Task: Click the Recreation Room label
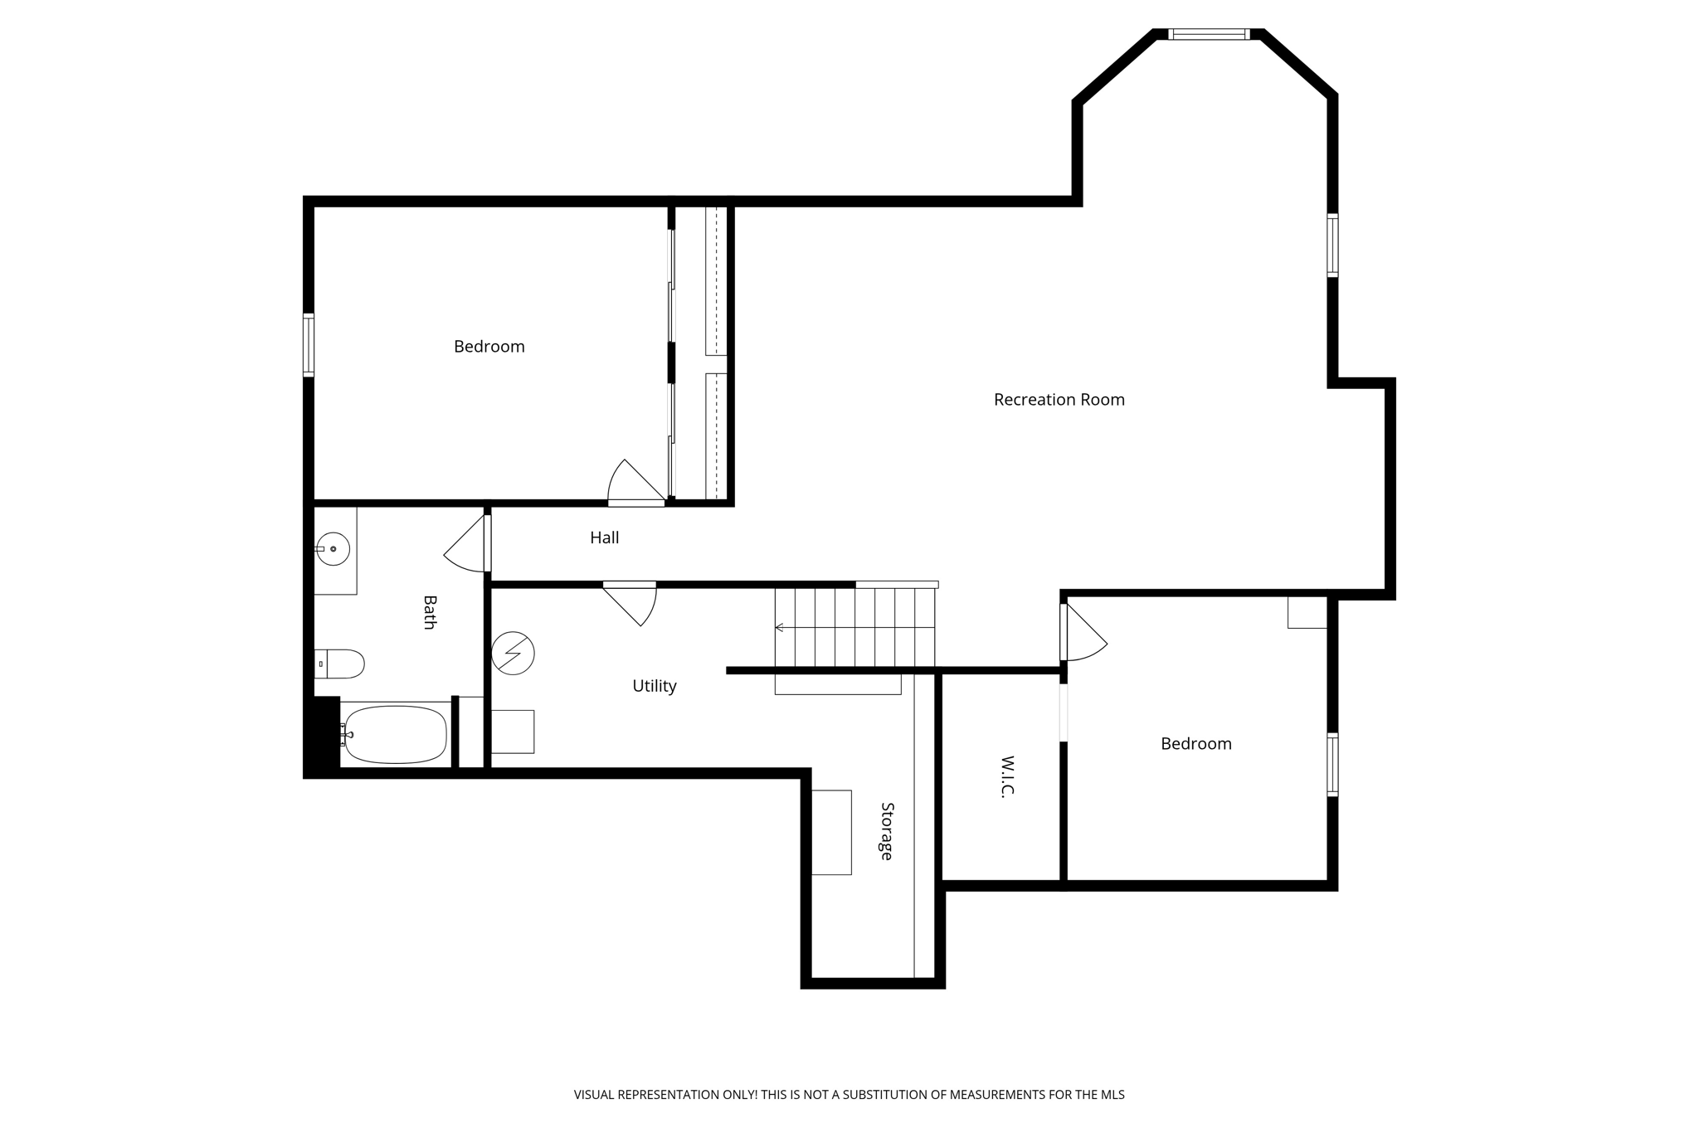(1059, 400)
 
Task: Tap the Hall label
(604, 537)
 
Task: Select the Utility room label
(654, 686)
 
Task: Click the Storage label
(886, 830)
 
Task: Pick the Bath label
(429, 612)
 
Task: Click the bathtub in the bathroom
(395, 734)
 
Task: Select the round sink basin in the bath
(333, 549)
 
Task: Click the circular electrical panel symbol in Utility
(513, 654)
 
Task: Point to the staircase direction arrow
(779, 628)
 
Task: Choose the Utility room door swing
(634, 602)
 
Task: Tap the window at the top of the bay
(1208, 35)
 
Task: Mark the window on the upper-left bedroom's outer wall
(309, 345)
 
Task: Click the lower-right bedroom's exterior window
(1332, 765)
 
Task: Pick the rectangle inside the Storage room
(831, 832)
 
